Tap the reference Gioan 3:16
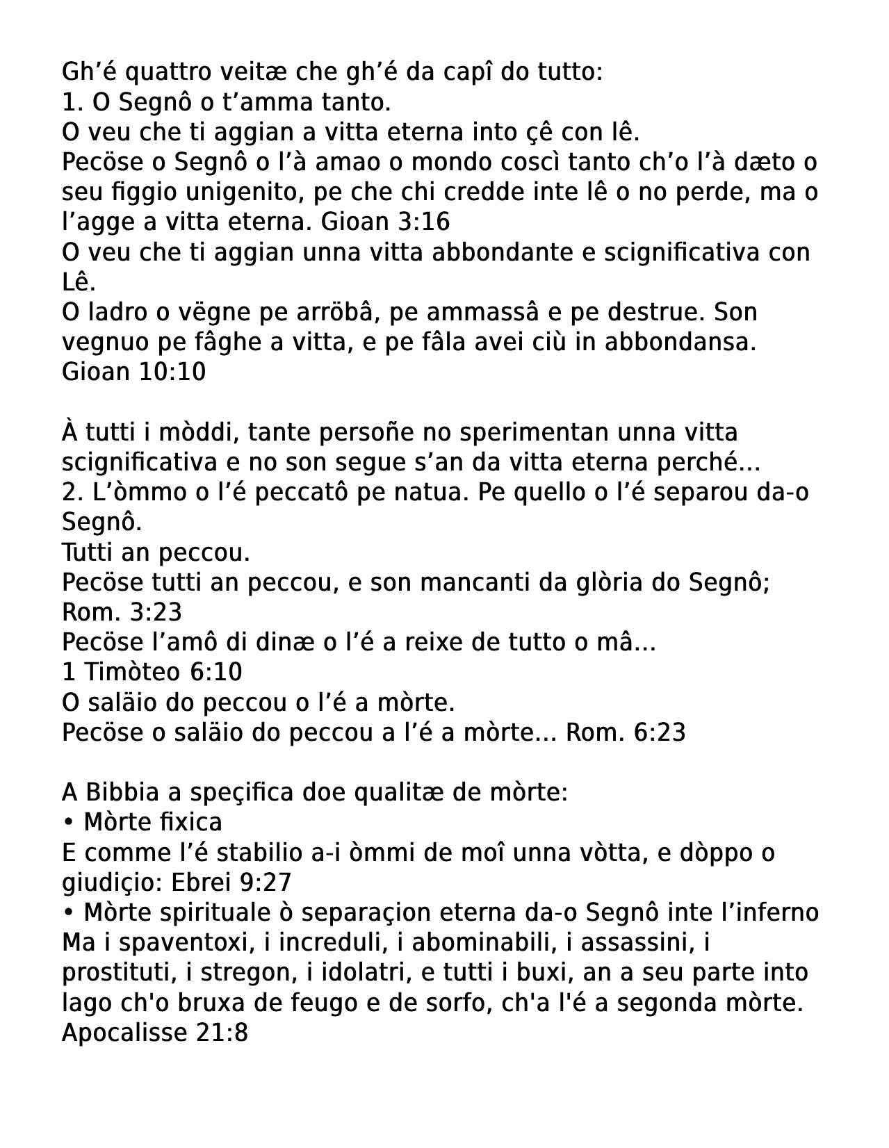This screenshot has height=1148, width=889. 385,222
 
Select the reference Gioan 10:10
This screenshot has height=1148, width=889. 133,372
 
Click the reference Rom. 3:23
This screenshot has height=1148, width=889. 122,612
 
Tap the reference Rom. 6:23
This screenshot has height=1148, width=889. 626,732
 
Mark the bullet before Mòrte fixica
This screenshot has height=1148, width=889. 68,822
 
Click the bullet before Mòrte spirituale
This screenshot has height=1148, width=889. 68,912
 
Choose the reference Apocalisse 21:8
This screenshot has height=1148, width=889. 154,1032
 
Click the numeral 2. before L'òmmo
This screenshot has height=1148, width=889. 72,492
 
